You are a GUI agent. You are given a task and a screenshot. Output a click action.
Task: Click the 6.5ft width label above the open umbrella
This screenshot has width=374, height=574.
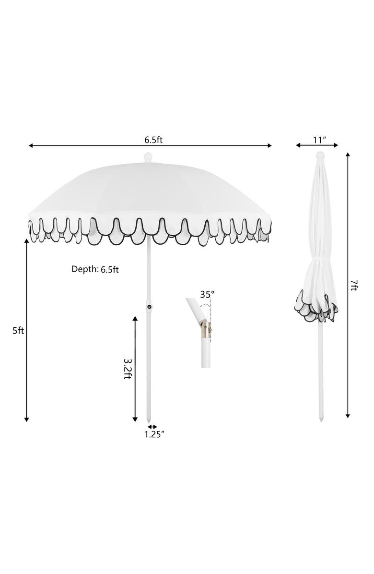tap(153, 140)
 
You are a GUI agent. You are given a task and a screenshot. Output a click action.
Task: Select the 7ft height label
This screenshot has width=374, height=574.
tap(353, 286)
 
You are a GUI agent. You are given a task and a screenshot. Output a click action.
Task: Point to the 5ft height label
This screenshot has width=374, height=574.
tap(18, 331)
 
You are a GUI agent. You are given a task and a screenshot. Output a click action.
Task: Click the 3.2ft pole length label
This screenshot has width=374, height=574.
tap(128, 369)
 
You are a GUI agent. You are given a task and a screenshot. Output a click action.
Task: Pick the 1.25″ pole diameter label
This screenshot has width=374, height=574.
tap(154, 434)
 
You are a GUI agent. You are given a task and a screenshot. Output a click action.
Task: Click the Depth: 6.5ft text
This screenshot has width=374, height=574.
tap(95, 269)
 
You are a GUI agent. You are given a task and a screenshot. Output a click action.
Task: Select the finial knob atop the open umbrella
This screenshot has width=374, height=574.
tap(148, 157)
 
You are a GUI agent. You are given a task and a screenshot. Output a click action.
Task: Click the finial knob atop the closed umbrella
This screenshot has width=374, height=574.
tap(320, 155)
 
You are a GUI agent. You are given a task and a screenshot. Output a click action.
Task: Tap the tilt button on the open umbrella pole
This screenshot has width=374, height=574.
tap(149, 307)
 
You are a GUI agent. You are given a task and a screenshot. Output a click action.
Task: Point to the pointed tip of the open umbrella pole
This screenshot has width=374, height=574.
tap(149, 419)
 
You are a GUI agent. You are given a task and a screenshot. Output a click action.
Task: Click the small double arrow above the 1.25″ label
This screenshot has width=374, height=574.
tap(152, 426)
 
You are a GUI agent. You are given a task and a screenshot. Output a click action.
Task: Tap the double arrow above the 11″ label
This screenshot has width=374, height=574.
tap(317, 145)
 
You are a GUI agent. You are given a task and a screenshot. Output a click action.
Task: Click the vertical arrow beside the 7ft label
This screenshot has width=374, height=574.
tap(348, 286)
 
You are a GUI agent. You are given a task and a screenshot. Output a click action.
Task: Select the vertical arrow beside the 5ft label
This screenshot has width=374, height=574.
tap(26, 331)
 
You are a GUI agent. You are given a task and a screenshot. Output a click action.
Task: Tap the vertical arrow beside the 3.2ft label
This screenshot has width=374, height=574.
tap(135, 369)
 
